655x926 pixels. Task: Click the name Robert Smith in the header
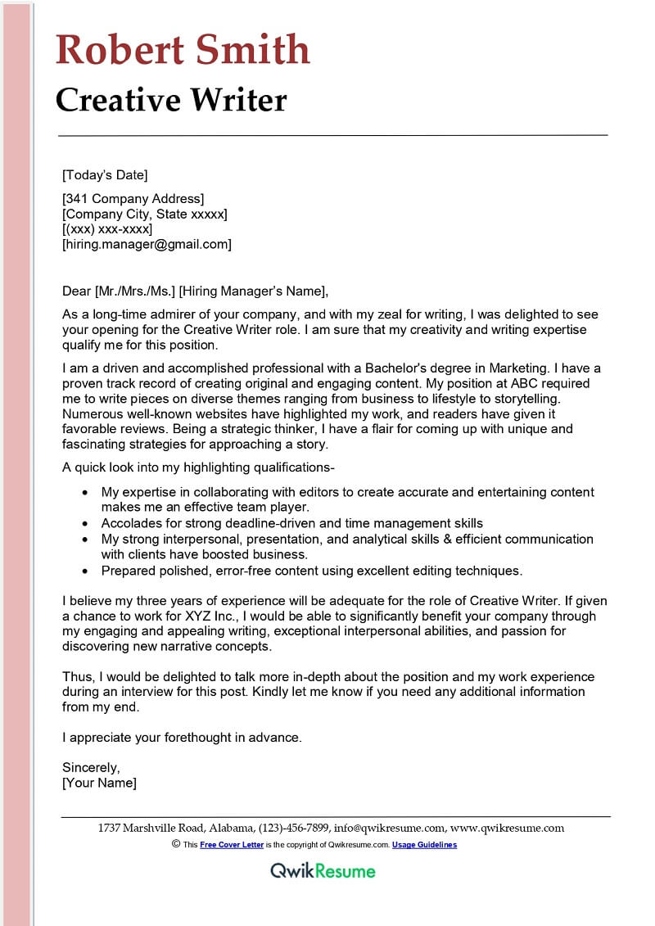(x=183, y=50)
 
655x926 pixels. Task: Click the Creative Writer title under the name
(x=171, y=100)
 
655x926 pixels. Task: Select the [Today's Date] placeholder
(x=105, y=174)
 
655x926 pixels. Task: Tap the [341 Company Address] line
(x=133, y=198)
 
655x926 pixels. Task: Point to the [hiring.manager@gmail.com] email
(x=147, y=244)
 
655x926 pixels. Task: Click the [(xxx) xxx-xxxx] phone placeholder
(x=107, y=228)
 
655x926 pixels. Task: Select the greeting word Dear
(x=77, y=291)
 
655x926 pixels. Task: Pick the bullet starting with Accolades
(x=291, y=523)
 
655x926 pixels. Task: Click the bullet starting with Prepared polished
(x=311, y=570)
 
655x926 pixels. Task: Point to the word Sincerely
(x=91, y=767)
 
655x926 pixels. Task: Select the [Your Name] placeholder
(x=99, y=783)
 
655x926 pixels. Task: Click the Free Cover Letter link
(x=232, y=845)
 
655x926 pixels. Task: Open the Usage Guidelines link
(x=424, y=845)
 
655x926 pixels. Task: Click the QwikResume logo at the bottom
(x=323, y=870)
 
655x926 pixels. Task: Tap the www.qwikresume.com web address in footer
(x=507, y=828)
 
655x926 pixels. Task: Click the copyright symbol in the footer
(x=176, y=844)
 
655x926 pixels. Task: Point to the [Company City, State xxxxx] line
(x=145, y=214)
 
